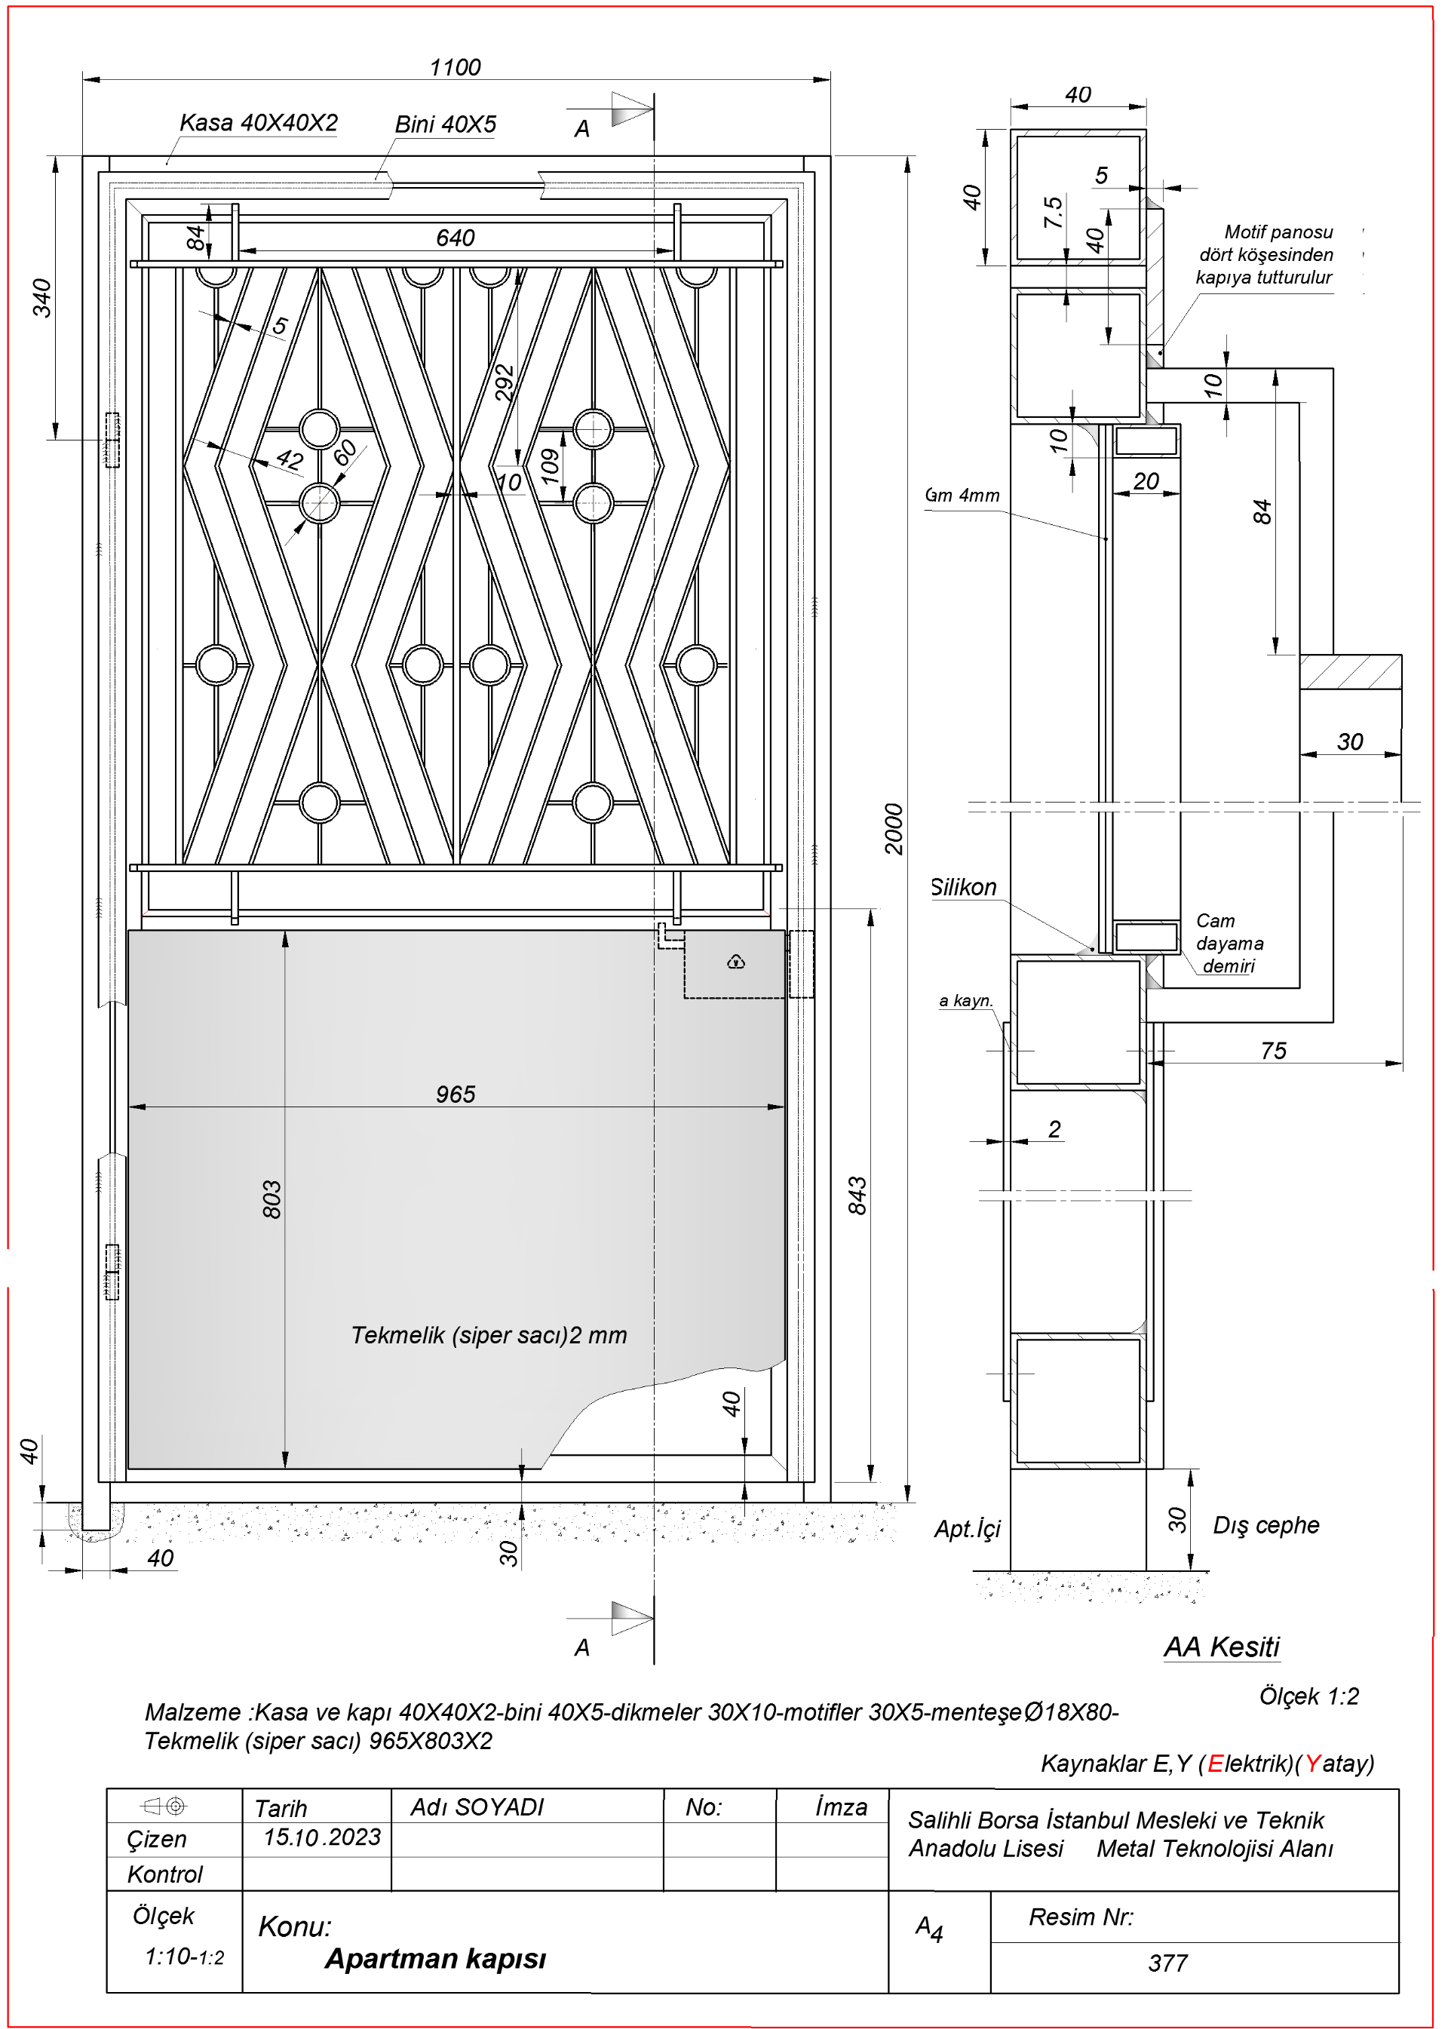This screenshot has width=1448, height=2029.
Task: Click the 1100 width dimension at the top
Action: point(455,68)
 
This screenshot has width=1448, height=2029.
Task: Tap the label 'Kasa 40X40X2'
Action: point(259,123)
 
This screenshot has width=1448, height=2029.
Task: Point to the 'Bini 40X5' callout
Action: point(445,125)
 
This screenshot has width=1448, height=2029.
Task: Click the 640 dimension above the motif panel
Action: point(455,238)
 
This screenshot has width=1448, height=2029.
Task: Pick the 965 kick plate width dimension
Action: point(455,1094)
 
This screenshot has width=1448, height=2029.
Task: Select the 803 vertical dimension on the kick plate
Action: point(272,1199)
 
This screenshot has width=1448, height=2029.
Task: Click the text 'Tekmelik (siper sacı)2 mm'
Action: point(489,1335)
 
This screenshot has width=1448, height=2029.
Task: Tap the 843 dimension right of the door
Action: point(857,1195)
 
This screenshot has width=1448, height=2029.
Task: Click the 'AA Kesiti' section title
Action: point(1221,1647)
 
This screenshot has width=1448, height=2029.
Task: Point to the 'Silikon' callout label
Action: point(963,888)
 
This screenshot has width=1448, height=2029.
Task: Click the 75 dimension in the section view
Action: point(1273,1051)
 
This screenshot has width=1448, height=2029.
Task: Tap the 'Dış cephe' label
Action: point(1265,1525)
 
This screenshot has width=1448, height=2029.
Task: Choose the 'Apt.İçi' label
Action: point(967,1530)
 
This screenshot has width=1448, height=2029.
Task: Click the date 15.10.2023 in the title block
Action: point(322,1837)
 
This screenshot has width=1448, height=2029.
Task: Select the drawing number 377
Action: point(1167,1963)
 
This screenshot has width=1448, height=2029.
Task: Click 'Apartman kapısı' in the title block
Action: point(435,1959)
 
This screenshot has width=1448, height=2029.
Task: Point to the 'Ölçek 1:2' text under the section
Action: point(1308,1696)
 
